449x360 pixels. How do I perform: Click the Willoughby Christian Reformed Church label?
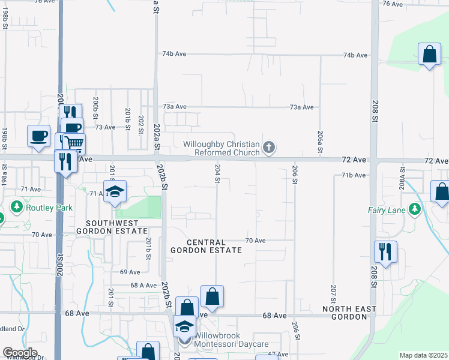[x=222, y=148]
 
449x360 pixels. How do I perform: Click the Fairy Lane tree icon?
[x=414, y=209]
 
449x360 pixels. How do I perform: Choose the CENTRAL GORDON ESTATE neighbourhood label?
[x=206, y=245]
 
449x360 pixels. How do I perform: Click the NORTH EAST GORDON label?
[x=349, y=314]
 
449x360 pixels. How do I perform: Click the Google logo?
[x=20, y=353]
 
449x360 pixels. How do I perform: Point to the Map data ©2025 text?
[x=423, y=355]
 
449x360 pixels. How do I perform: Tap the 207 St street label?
[x=333, y=294]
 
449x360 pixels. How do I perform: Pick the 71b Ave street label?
[x=354, y=175]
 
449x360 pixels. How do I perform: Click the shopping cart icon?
[x=74, y=143]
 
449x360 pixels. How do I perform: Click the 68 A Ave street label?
[x=143, y=285]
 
